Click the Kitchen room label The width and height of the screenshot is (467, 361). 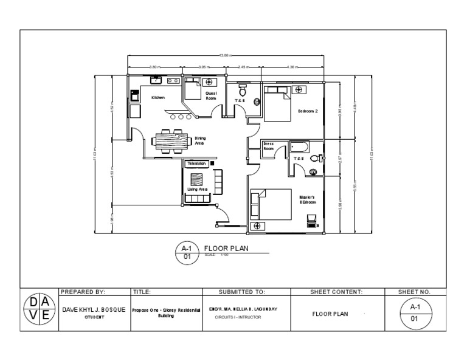point(158,97)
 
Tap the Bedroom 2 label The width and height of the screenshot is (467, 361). point(308,111)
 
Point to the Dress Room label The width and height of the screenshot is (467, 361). point(268,146)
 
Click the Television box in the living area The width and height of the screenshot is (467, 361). point(197,163)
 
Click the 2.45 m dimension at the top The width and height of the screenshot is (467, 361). point(241,67)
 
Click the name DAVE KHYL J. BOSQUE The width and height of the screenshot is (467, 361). point(94,309)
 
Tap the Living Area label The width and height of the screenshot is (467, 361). point(198,190)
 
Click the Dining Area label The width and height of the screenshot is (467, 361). point(200,141)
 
